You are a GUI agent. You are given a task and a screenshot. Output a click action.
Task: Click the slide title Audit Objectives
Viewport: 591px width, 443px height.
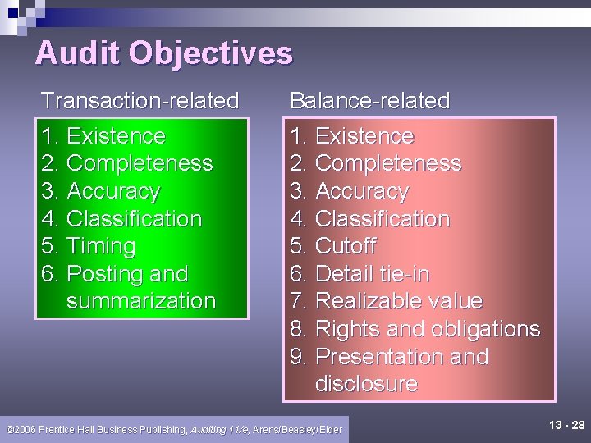coord(163,54)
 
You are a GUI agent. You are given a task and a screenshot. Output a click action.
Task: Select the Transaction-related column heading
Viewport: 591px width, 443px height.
coord(140,101)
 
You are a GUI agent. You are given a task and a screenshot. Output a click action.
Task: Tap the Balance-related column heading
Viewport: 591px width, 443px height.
coord(369,101)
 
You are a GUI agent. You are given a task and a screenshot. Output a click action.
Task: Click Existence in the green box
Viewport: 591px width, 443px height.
coord(116,136)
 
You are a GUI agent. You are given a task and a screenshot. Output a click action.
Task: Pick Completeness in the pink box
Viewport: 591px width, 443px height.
coord(387,164)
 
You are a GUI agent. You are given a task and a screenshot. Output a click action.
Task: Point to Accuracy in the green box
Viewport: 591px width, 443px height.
coord(113,192)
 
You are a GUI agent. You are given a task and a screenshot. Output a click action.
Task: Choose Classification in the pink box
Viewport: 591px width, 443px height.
coord(383,220)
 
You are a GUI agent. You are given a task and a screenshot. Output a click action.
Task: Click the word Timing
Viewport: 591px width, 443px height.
coord(101,247)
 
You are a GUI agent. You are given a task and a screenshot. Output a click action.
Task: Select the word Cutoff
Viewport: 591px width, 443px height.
coord(346,247)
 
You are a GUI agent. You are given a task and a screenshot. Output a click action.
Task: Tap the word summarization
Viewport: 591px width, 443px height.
coord(141,301)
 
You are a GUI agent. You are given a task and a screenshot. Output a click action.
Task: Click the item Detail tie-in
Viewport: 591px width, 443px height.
coord(372,274)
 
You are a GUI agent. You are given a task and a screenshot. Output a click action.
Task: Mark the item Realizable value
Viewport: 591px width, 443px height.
coord(398,302)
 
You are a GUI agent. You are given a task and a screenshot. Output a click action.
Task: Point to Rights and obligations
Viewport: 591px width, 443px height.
coord(427,330)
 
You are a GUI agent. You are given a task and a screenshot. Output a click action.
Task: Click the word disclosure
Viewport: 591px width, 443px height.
coord(366,384)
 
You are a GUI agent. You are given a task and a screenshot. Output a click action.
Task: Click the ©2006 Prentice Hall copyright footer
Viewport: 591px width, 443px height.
coord(173,429)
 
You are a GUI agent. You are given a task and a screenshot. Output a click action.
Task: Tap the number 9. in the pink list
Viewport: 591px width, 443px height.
coord(299,358)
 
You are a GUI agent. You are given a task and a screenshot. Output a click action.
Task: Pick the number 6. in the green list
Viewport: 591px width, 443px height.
coord(50,274)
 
